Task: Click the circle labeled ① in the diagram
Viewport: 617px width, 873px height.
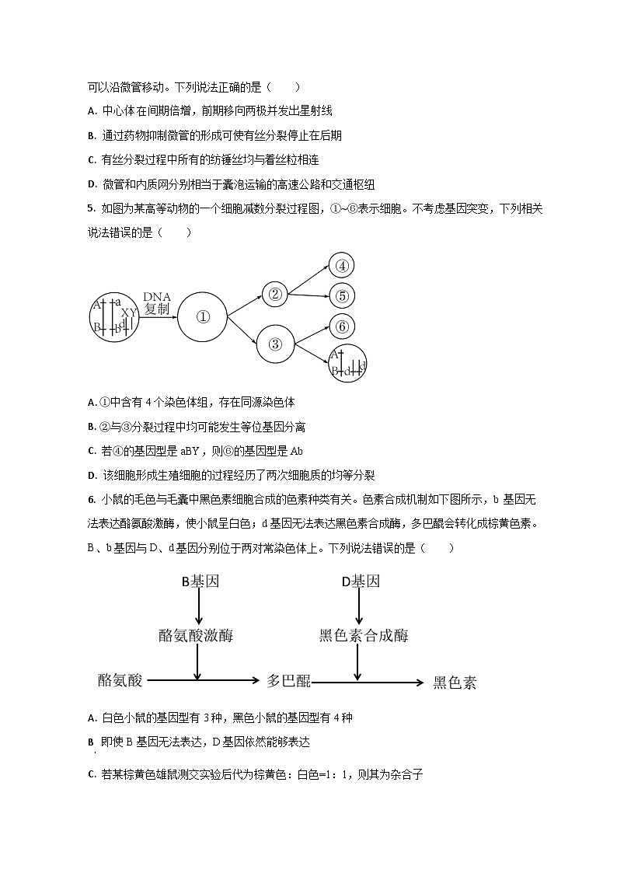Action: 203,316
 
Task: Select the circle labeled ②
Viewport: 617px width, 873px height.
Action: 274,294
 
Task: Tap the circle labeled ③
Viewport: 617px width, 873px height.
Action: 274,344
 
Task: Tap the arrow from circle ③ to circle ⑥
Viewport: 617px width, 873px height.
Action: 311,335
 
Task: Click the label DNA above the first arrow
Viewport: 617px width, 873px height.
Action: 156,297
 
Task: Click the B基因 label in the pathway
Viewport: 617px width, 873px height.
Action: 197,581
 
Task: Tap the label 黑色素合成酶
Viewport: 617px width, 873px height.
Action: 363,635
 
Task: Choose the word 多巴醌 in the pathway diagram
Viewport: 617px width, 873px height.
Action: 288,681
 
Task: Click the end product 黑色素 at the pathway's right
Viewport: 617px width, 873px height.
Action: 455,683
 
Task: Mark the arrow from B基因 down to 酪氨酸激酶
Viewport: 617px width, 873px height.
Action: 198,607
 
